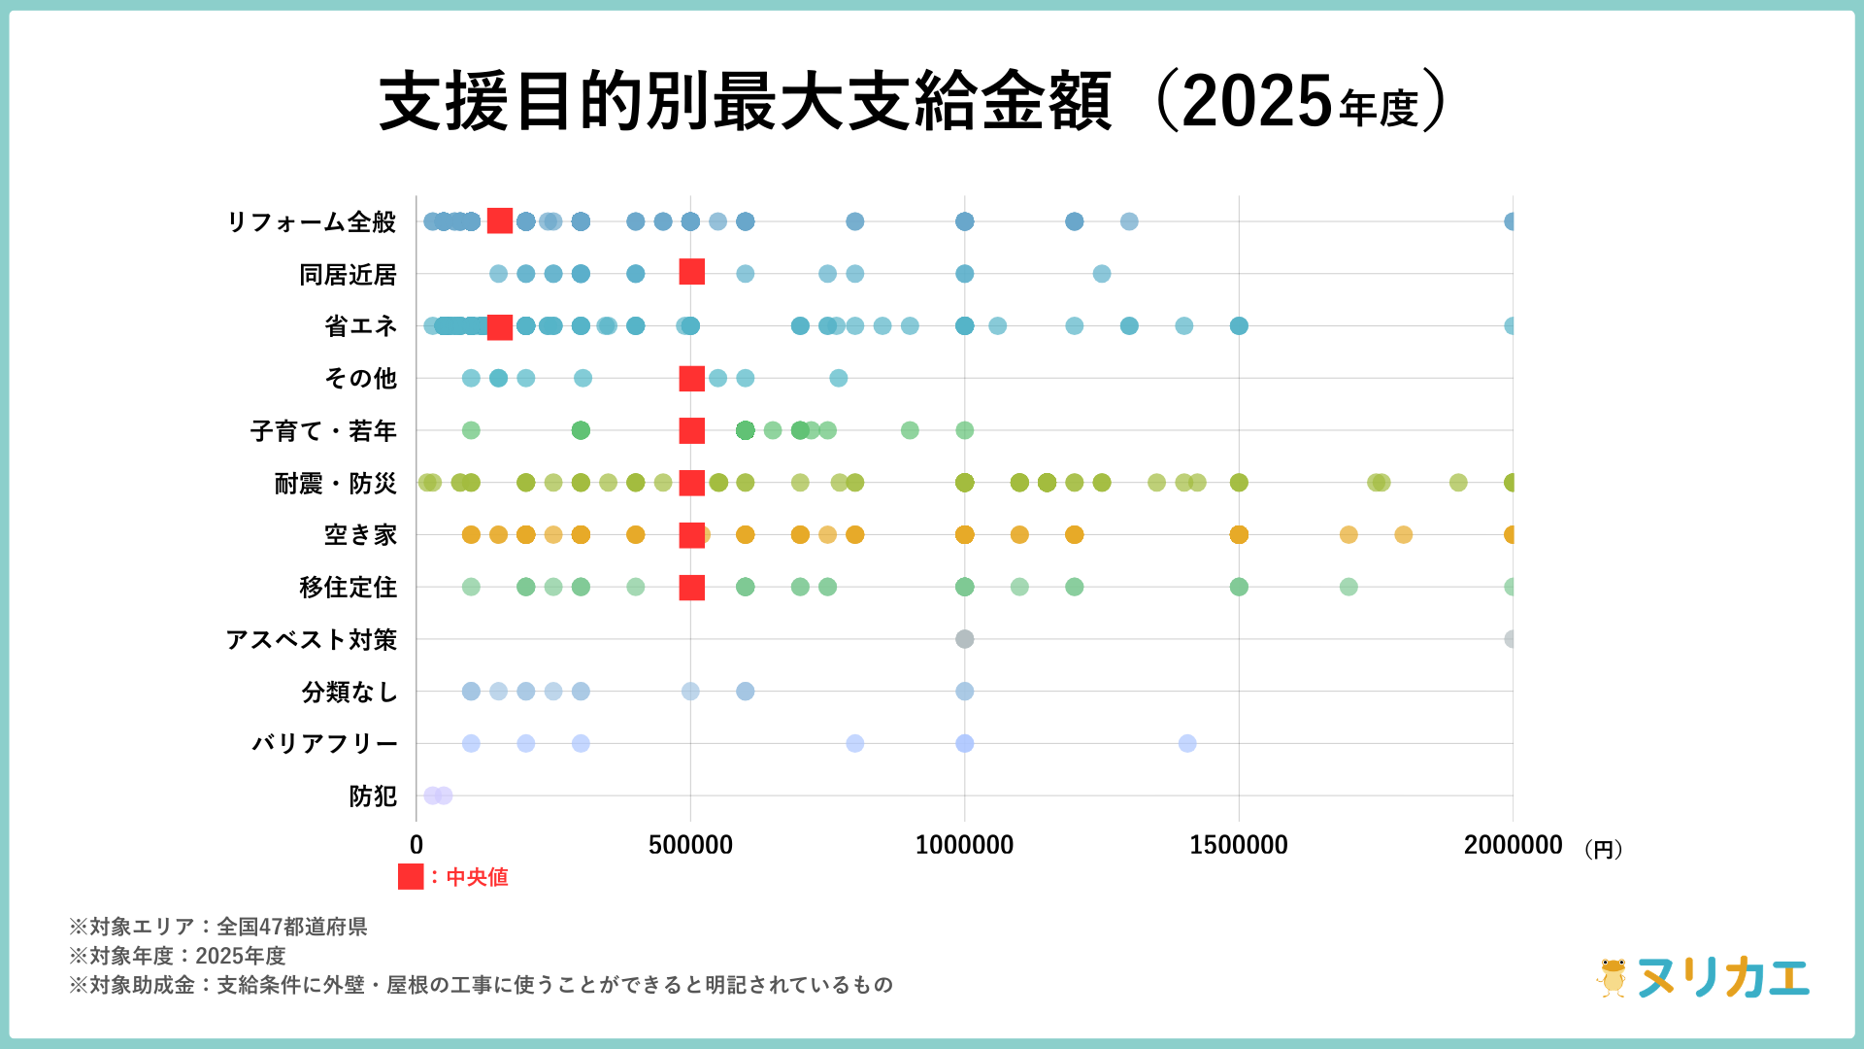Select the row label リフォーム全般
click(312, 222)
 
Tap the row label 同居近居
click(348, 275)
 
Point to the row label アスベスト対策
click(312, 640)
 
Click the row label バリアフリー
click(325, 744)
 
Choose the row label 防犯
click(373, 796)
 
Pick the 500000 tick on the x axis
click(690, 845)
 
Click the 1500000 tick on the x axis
click(1239, 845)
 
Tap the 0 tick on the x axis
click(416, 845)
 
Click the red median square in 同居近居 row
click(691, 272)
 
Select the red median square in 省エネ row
click(499, 327)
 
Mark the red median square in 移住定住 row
click(691, 588)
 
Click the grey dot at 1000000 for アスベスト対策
click(964, 639)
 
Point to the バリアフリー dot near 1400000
click(1187, 744)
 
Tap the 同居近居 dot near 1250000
click(1101, 274)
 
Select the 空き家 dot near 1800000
click(1403, 535)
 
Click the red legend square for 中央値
click(411, 877)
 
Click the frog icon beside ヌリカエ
click(1613, 978)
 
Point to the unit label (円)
click(1603, 850)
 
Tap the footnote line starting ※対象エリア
click(218, 927)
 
